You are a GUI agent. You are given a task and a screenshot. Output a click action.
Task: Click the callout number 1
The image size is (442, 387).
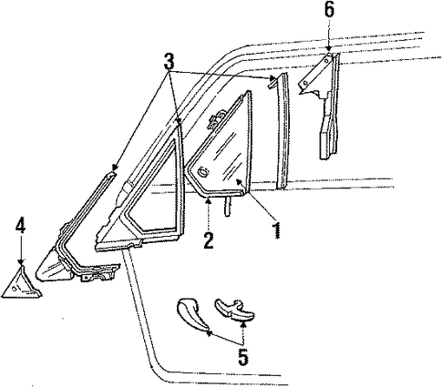click(x=276, y=229)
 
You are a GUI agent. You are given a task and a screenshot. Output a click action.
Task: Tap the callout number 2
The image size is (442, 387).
click(x=209, y=240)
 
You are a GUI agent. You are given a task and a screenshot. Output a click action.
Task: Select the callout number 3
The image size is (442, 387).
click(x=170, y=61)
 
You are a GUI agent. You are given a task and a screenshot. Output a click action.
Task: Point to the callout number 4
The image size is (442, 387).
click(x=21, y=226)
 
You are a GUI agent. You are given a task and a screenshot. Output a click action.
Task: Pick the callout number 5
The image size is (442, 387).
click(x=243, y=357)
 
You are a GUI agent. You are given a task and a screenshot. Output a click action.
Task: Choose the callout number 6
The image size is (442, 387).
click(x=329, y=10)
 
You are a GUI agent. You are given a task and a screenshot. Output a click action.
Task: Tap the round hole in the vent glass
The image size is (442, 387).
click(x=203, y=172)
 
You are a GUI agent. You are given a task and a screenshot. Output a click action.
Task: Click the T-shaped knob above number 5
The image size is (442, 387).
click(x=235, y=311)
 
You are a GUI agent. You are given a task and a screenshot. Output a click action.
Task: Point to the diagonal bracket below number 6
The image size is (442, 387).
click(x=314, y=72)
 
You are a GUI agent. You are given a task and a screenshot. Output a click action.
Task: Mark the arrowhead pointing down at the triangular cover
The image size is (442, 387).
click(x=21, y=262)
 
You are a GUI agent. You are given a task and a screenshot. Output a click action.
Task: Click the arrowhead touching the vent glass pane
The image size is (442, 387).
click(x=240, y=181)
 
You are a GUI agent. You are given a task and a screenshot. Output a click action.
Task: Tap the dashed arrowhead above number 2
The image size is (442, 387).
click(x=208, y=199)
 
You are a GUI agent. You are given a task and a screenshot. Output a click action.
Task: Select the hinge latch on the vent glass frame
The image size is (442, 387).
click(x=215, y=119)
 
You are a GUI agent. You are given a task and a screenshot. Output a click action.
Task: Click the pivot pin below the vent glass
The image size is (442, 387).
click(x=227, y=206)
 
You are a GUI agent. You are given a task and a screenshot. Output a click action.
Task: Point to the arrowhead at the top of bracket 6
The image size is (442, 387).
click(x=328, y=49)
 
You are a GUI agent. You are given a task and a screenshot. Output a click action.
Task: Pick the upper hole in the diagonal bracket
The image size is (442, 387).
click(x=325, y=61)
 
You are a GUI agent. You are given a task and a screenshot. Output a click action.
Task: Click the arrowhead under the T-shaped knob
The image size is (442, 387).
click(x=242, y=325)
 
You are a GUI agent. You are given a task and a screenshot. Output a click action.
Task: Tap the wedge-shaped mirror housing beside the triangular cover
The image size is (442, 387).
click(x=53, y=267)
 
